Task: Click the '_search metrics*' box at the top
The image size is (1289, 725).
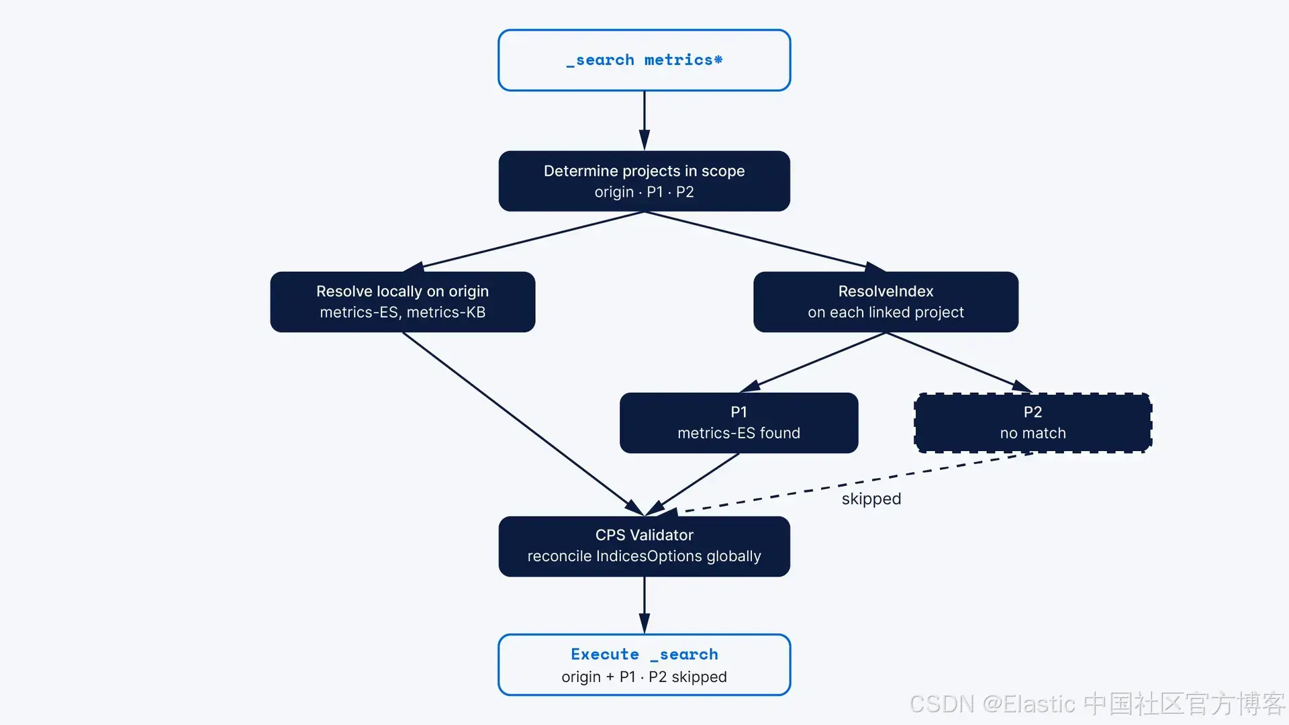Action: [644, 60]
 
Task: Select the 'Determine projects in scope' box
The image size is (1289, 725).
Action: [644, 181]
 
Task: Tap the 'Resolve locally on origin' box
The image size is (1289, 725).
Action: [403, 302]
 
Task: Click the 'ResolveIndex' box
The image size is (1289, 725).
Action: [886, 302]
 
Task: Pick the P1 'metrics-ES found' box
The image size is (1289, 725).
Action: [738, 423]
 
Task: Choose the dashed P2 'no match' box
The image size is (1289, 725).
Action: [1033, 423]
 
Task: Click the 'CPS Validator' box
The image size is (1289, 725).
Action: [644, 546]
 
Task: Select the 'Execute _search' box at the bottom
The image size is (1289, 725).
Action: [644, 665]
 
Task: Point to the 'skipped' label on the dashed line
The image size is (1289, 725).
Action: [871, 499]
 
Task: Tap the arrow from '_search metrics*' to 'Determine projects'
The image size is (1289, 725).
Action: [644, 121]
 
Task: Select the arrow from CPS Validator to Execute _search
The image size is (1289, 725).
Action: [644, 605]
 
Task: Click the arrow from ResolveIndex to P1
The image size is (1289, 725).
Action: [812, 362]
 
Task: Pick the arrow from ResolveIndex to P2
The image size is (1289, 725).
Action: [959, 362]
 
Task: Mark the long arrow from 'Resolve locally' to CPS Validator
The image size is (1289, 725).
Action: [524, 424]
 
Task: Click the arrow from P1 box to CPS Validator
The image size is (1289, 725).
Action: [691, 485]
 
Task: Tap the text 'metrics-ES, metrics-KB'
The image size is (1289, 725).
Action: [403, 312]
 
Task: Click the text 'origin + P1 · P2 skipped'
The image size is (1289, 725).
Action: [644, 677]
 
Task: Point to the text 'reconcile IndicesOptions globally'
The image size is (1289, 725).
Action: [644, 557]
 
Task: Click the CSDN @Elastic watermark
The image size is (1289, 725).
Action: [1097, 704]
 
